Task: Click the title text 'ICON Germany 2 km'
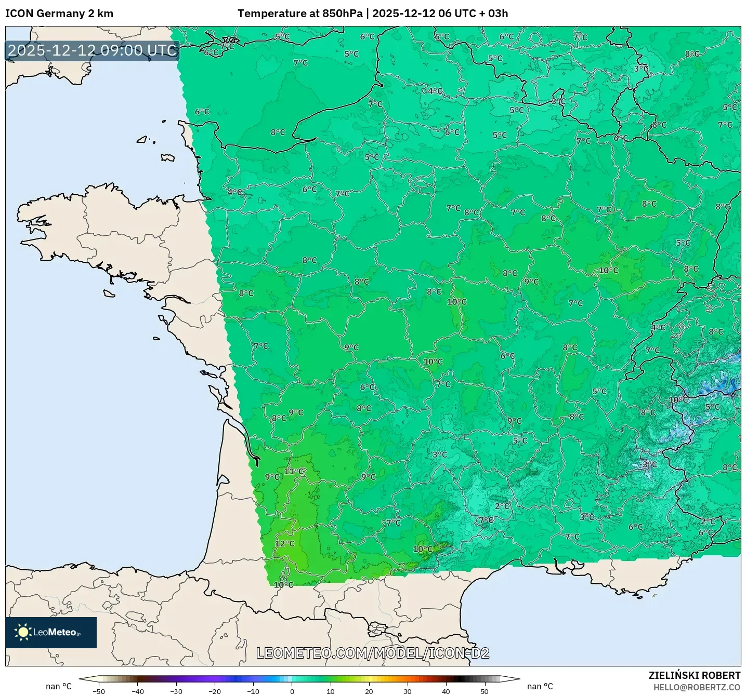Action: (x=59, y=14)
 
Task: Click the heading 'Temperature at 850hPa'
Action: (x=300, y=14)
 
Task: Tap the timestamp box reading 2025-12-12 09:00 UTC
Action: (x=93, y=50)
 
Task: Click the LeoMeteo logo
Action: (x=51, y=632)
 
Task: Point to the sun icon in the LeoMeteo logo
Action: (x=23, y=632)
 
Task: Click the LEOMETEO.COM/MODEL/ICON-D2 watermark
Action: (x=373, y=653)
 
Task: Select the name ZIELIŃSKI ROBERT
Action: (x=694, y=675)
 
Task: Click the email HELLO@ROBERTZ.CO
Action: (x=697, y=687)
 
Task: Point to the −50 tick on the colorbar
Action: (x=99, y=691)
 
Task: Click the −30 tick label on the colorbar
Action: (x=176, y=691)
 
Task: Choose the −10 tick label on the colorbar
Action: (x=253, y=691)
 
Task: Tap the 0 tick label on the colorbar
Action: (x=292, y=691)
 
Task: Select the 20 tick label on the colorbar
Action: (x=369, y=691)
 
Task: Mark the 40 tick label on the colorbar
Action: (x=446, y=691)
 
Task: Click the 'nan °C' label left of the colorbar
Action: (x=59, y=686)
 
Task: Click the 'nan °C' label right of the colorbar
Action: (x=540, y=686)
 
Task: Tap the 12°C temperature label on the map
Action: (x=284, y=543)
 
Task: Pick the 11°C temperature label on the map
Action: (x=294, y=471)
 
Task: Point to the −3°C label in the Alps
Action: (x=648, y=464)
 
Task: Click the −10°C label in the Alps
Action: (x=677, y=399)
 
